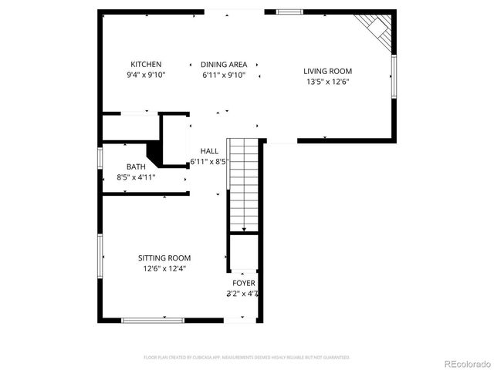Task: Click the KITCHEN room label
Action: (x=146, y=64)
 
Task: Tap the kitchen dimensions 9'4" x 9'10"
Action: (x=146, y=75)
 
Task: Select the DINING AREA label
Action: (x=224, y=64)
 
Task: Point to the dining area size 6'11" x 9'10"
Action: (x=224, y=75)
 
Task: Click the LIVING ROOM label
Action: (x=327, y=71)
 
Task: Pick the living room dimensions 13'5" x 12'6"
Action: (x=327, y=82)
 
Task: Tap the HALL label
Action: (x=209, y=151)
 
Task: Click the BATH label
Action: (x=136, y=166)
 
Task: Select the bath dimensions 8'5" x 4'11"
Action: (x=136, y=177)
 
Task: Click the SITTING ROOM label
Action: (x=164, y=257)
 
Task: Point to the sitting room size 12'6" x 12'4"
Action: (x=164, y=268)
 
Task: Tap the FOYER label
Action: (x=243, y=283)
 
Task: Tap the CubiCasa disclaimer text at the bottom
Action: (x=247, y=357)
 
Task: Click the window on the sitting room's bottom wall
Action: (x=152, y=320)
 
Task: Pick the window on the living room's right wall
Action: (x=393, y=78)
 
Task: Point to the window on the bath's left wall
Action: (x=100, y=156)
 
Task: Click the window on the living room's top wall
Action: (x=289, y=12)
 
